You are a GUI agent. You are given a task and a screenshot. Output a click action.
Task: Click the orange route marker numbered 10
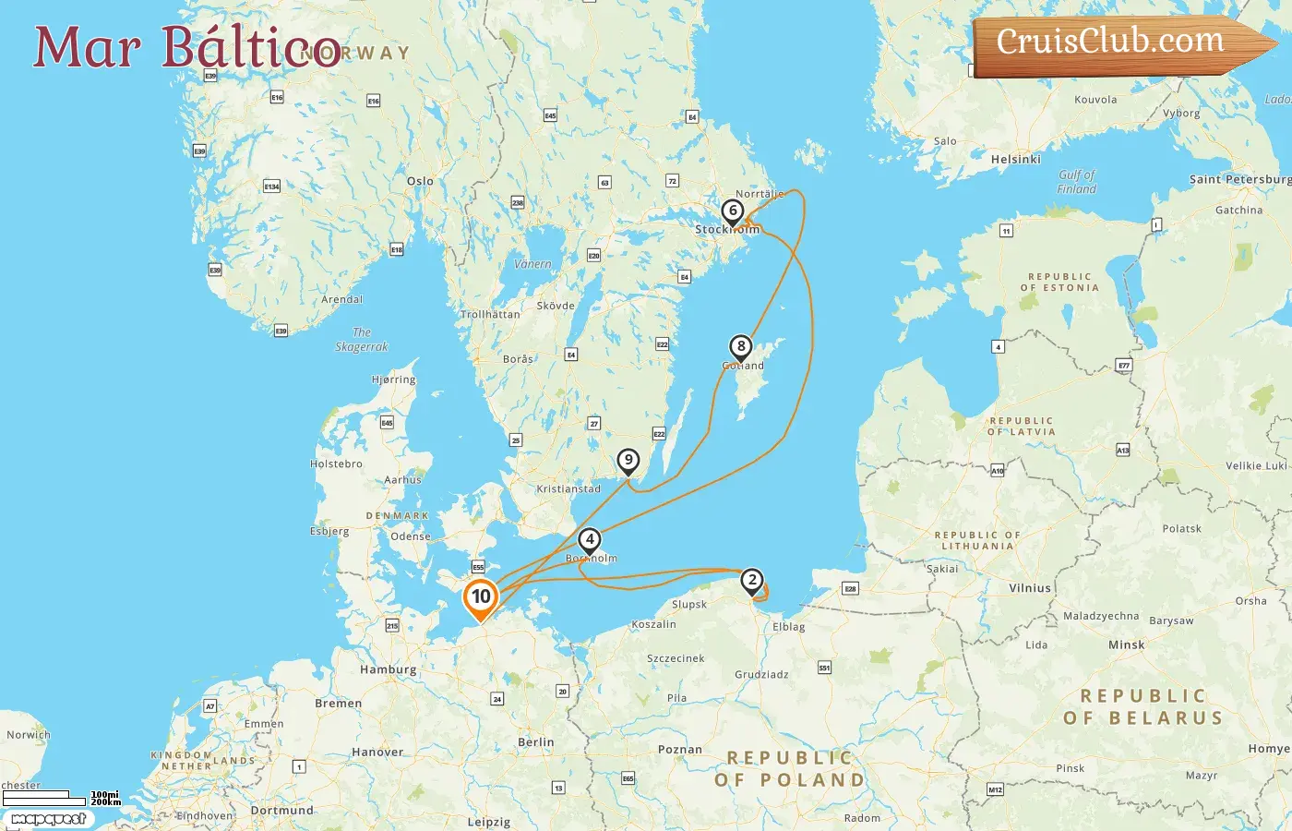[481, 596]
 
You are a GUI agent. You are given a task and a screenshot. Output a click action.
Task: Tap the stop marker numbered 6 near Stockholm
[733, 211]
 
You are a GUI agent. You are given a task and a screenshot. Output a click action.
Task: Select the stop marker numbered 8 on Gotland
[740, 347]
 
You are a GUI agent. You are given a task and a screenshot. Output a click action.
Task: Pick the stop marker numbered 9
[628, 460]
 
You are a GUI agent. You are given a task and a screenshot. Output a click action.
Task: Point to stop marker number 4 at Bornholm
[590, 540]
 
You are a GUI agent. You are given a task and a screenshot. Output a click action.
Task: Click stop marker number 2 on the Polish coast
[752, 581]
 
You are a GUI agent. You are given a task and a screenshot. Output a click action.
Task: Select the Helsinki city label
[1015, 160]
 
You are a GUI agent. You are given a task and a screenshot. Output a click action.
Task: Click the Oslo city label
[420, 181]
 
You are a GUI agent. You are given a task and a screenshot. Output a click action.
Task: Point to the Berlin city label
[536, 742]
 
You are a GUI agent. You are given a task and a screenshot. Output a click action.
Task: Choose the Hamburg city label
[388, 669]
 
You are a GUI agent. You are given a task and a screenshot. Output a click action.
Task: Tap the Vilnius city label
[1030, 588]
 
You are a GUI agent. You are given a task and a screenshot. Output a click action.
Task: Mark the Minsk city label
[1126, 645]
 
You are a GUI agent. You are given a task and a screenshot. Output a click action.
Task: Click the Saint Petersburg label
[1239, 179]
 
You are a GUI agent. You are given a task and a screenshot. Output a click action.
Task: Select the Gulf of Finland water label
[1077, 182]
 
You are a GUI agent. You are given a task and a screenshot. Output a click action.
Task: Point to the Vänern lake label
[532, 264]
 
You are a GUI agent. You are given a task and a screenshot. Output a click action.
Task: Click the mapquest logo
[48, 819]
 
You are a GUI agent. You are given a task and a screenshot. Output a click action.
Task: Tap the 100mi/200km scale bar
[61, 798]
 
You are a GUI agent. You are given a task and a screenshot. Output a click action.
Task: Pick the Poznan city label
[680, 750]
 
